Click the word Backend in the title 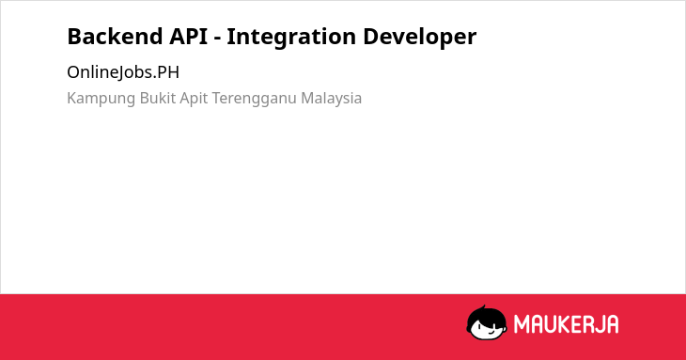[115, 37]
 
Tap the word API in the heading [189, 37]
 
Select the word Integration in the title [291, 38]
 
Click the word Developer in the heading [419, 38]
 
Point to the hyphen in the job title [217, 39]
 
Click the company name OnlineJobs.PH [123, 72]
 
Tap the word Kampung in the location [101, 99]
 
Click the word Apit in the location [194, 99]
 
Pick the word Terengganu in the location [254, 99]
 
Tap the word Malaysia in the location [331, 99]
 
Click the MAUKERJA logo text [566, 324]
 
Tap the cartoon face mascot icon [487, 322]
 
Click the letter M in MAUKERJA [522, 324]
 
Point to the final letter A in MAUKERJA [612, 324]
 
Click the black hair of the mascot [486, 315]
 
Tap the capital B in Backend [74, 37]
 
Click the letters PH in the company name [168, 72]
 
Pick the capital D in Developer [370, 37]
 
